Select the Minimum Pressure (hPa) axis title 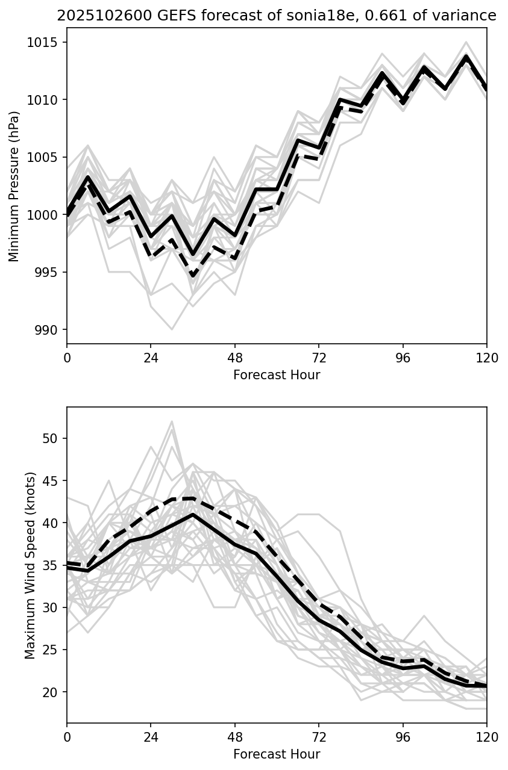[x=14, y=186]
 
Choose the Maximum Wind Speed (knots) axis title [x=30, y=565]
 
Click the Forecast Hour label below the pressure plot [x=277, y=375]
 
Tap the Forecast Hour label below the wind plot [x=277, y=754]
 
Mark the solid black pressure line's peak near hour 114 [x=466, y=56]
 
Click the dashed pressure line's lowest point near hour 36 [x=193, y=276]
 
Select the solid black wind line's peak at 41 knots [x=193, y=514]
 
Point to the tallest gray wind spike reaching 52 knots [x=172, y=421]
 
